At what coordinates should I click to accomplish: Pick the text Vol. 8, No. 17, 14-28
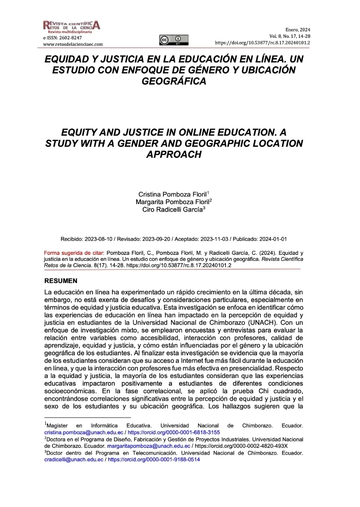click(290, 36)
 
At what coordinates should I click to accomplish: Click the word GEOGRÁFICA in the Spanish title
click(174, 82)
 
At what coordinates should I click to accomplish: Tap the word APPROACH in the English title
click(173, 155)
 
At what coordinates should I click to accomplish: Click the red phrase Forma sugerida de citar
click(74, 253)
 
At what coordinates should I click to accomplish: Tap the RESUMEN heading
click(60, 281)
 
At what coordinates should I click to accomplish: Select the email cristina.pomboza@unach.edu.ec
click(83, 432)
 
